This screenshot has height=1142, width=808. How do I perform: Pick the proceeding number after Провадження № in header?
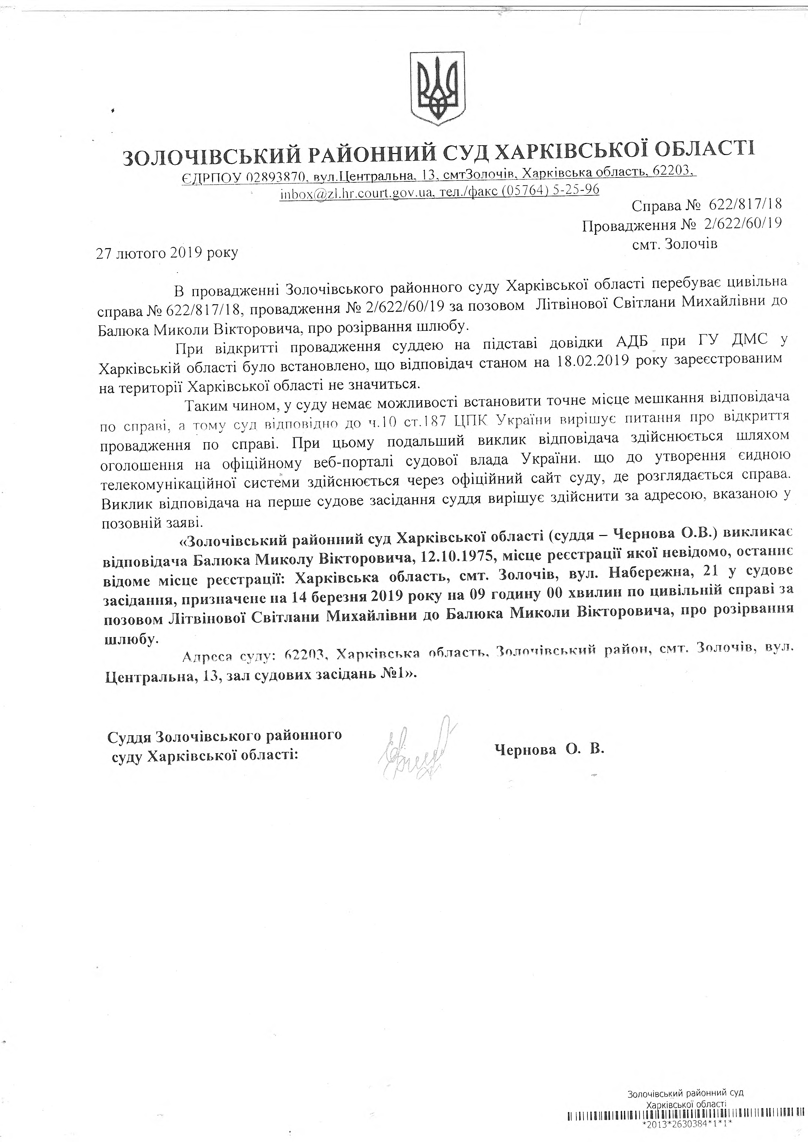coord(741,225)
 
